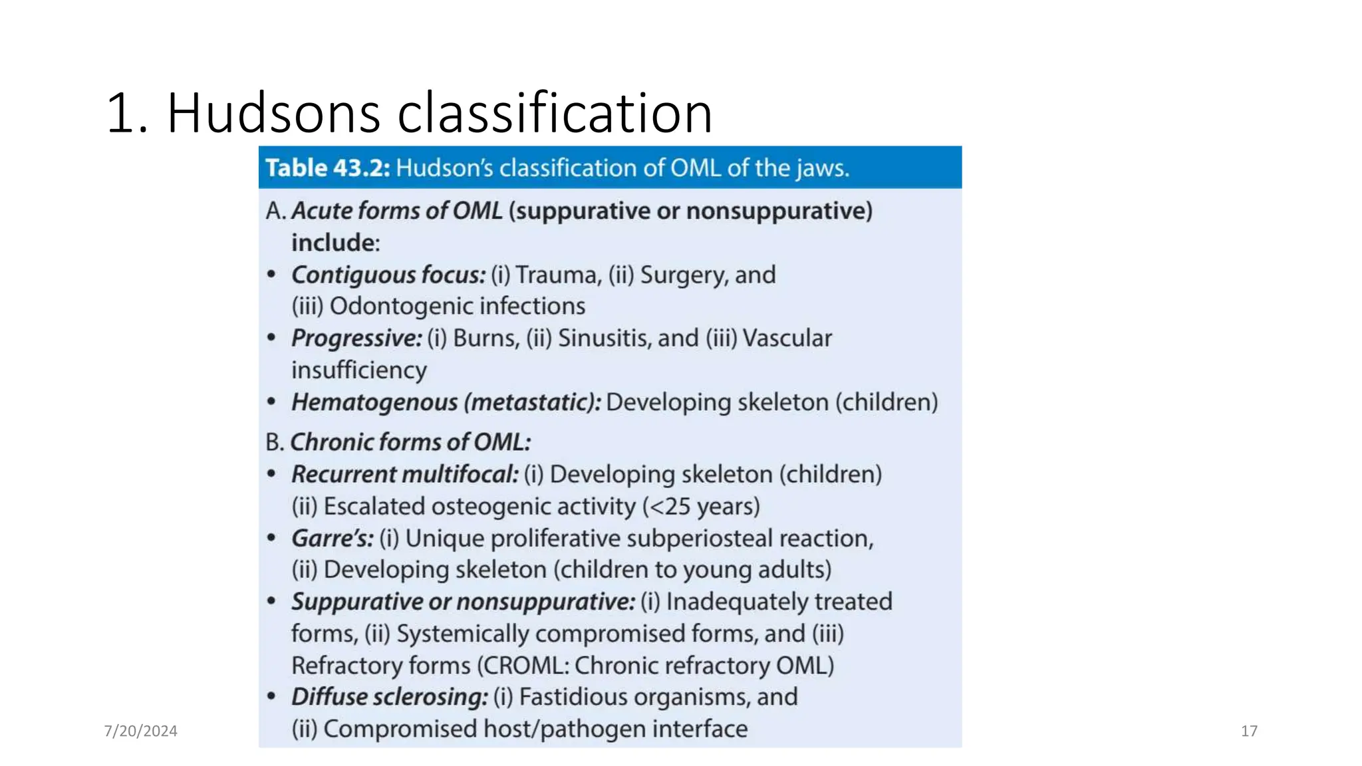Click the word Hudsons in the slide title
click(274, 113)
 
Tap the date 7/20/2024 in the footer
click(140, 731)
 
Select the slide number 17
click(1248, 731)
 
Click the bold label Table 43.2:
click(327, 168)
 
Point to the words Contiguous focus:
click(388, 275)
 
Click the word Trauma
click(558, 275)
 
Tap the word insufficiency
click(359, 370)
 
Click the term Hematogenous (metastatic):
click(446, 402)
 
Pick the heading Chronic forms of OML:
click(410, 442)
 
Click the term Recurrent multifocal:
click(404, 474)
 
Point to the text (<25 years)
click(701, 507)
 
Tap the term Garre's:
click(333, 538)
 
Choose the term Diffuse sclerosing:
click(389, 697)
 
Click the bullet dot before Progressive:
click(271, 337)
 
